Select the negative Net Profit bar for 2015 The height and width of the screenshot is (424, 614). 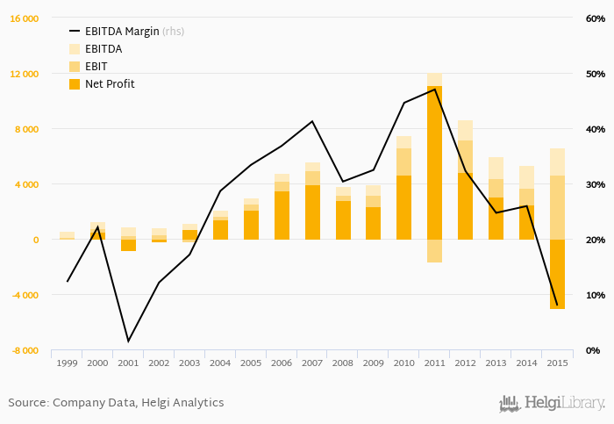(x=557, y=274)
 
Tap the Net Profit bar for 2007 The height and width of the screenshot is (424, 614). (x=313, y=212)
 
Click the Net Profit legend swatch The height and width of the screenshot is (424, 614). (x=75, y=84)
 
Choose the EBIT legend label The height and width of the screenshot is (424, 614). (x=97, y=67)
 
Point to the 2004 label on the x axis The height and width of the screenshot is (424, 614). (x=220, y=362)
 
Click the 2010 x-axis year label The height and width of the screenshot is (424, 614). (x=403, y=362)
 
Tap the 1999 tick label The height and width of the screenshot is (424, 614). (x=67, y=362)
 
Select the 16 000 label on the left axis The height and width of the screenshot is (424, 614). (x=24, y=18)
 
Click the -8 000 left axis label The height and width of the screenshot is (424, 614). (x=24, y=350)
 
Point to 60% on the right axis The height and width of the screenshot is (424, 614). (x=594, y=18)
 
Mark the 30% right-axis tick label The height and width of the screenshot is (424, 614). (x=594, y=184)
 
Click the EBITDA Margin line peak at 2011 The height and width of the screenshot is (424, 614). (x=435, y=89)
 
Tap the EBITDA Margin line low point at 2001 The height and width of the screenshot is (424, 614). (x=128, y=341)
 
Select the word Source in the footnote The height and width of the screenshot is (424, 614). (x=27, y=403)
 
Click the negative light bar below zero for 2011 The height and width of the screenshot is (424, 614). (x=435, y=250)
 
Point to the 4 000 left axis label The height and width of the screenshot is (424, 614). (x=25, y=184)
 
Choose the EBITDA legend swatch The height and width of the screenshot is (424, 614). (x=75, y=49)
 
